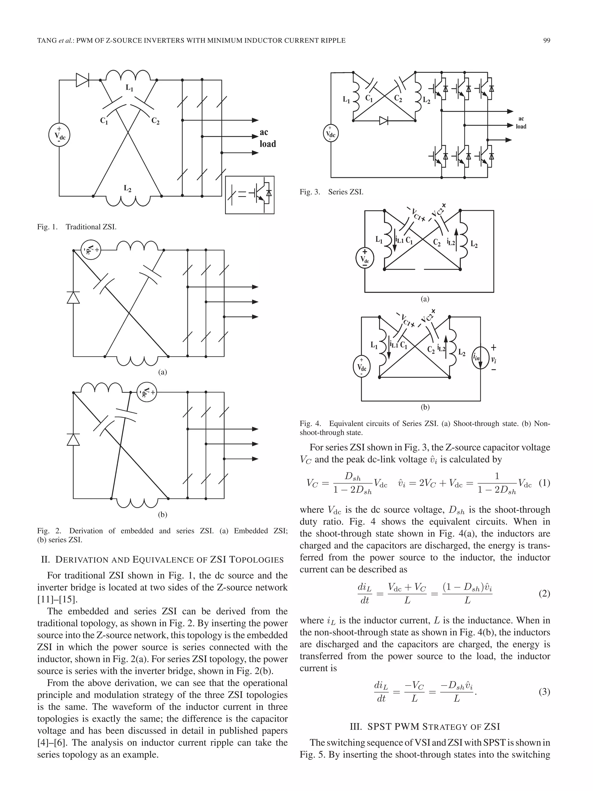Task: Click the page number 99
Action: (546, 41)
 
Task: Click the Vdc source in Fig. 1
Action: (59, 136)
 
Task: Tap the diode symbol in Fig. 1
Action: (82, 80)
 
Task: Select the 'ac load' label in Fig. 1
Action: (267, 138)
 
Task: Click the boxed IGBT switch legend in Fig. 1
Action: (250, 195)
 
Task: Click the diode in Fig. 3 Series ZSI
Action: (384, 121)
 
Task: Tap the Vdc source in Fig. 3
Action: (330, 134)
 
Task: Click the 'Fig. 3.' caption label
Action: (310, 192)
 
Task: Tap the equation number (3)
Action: (544, 692)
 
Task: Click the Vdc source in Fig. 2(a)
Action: (91, 250)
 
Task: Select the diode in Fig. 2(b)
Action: (73, 439)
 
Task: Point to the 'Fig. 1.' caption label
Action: (47, 227)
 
